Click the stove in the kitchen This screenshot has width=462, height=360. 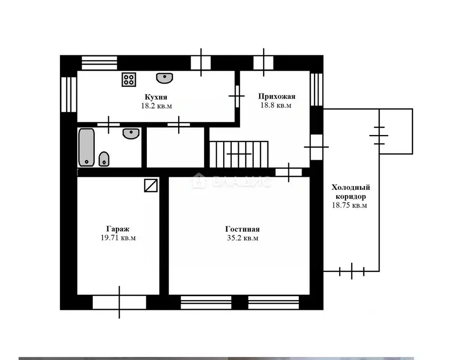[129, 80]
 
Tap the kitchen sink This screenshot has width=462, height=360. [165, 78]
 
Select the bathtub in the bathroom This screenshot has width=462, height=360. [87, 147]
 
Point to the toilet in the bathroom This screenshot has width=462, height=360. [104, 159]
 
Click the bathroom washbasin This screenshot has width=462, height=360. [131, 134]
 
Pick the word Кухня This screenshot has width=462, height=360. [156, 97]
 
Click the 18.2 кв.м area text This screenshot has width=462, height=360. [157, 105]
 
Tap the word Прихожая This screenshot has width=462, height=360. [277, 96]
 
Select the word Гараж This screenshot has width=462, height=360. [118, 229]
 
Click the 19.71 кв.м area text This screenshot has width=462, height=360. [118, 238]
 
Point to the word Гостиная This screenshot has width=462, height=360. [242, 229]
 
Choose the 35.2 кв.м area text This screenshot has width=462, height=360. [242, 238]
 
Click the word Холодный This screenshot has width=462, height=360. [351, 187]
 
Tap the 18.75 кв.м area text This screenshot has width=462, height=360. [349, 205]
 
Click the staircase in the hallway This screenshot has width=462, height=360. [239, 154]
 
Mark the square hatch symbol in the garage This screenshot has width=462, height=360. [151, 186]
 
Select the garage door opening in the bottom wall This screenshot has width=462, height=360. [119, 302]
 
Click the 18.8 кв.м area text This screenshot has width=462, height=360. [276, 105]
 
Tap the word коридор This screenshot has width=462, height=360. [351, 196]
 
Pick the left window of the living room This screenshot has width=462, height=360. [206, 302]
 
